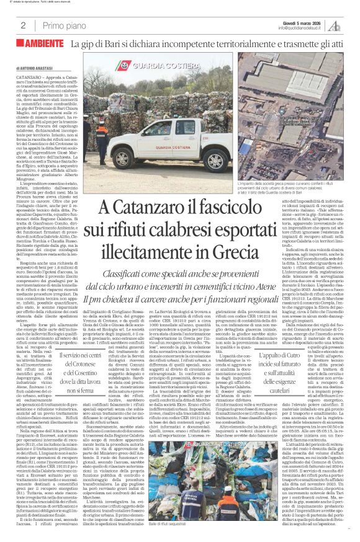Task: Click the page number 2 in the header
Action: coord(23,25)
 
